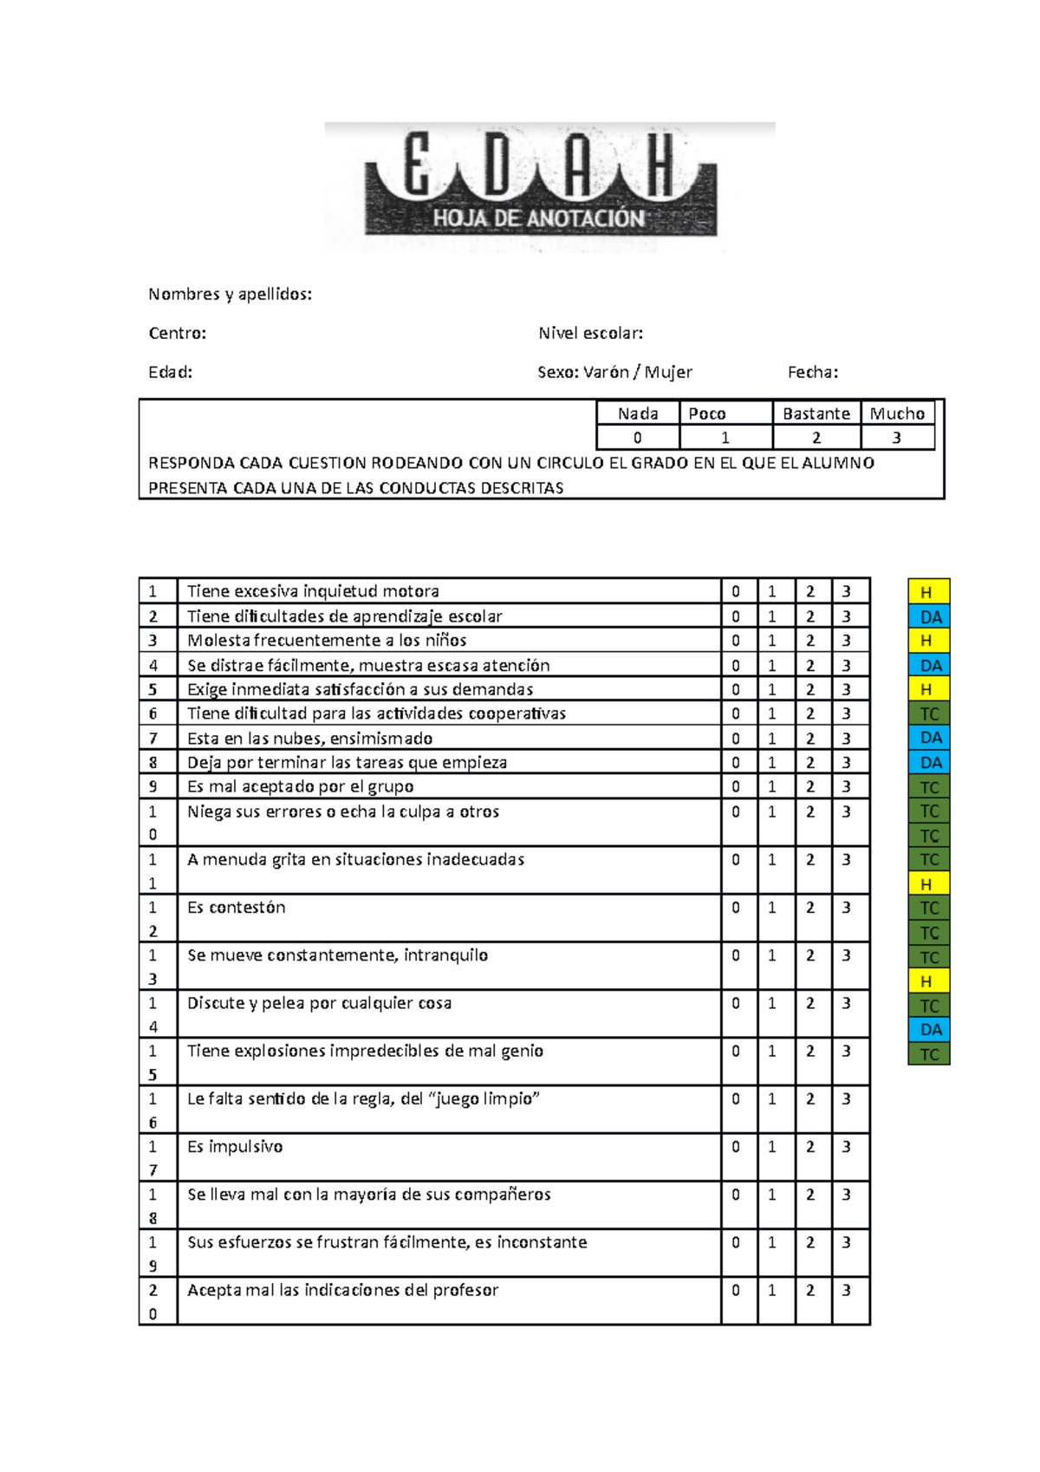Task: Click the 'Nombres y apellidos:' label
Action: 230,294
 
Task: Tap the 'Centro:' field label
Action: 177,333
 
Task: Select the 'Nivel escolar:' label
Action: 590,333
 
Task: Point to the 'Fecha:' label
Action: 812,372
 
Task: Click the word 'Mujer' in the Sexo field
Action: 668,372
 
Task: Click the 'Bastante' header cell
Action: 816,414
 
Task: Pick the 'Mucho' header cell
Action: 897,414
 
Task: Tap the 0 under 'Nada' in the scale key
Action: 638,438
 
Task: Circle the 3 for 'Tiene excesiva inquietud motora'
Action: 847,591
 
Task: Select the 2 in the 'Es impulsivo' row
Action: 810,1146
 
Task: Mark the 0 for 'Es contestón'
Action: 736,908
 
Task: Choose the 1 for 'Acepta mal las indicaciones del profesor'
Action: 772,1290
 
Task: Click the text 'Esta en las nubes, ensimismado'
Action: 309,739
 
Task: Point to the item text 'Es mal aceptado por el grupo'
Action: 300,786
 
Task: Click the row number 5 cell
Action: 153,689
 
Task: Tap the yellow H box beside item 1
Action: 928,592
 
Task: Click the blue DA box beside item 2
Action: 928,616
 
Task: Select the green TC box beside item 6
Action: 928,713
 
